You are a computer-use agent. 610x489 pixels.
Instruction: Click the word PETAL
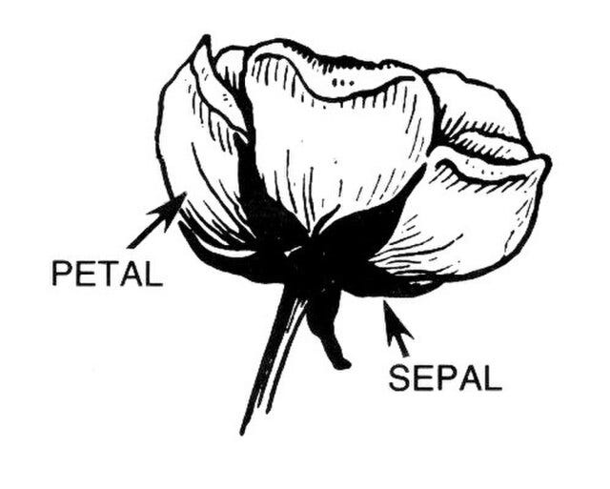[x=107, y=274]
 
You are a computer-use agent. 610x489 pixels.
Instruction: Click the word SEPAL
[x=444, y=378]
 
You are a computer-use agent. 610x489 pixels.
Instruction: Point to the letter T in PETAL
[x=107, y=274]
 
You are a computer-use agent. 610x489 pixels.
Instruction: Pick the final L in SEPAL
[x=491, y=378]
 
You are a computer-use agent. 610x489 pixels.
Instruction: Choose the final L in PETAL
[x=152, y=274]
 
